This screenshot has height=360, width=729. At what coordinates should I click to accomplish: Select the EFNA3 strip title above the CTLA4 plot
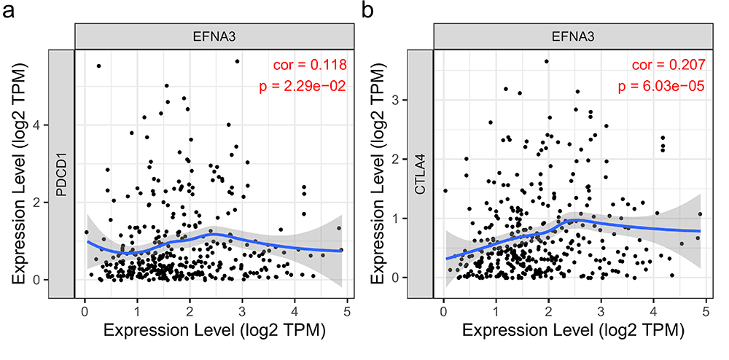point(571,35)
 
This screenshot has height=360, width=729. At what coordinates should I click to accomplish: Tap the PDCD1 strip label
point(61,173)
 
